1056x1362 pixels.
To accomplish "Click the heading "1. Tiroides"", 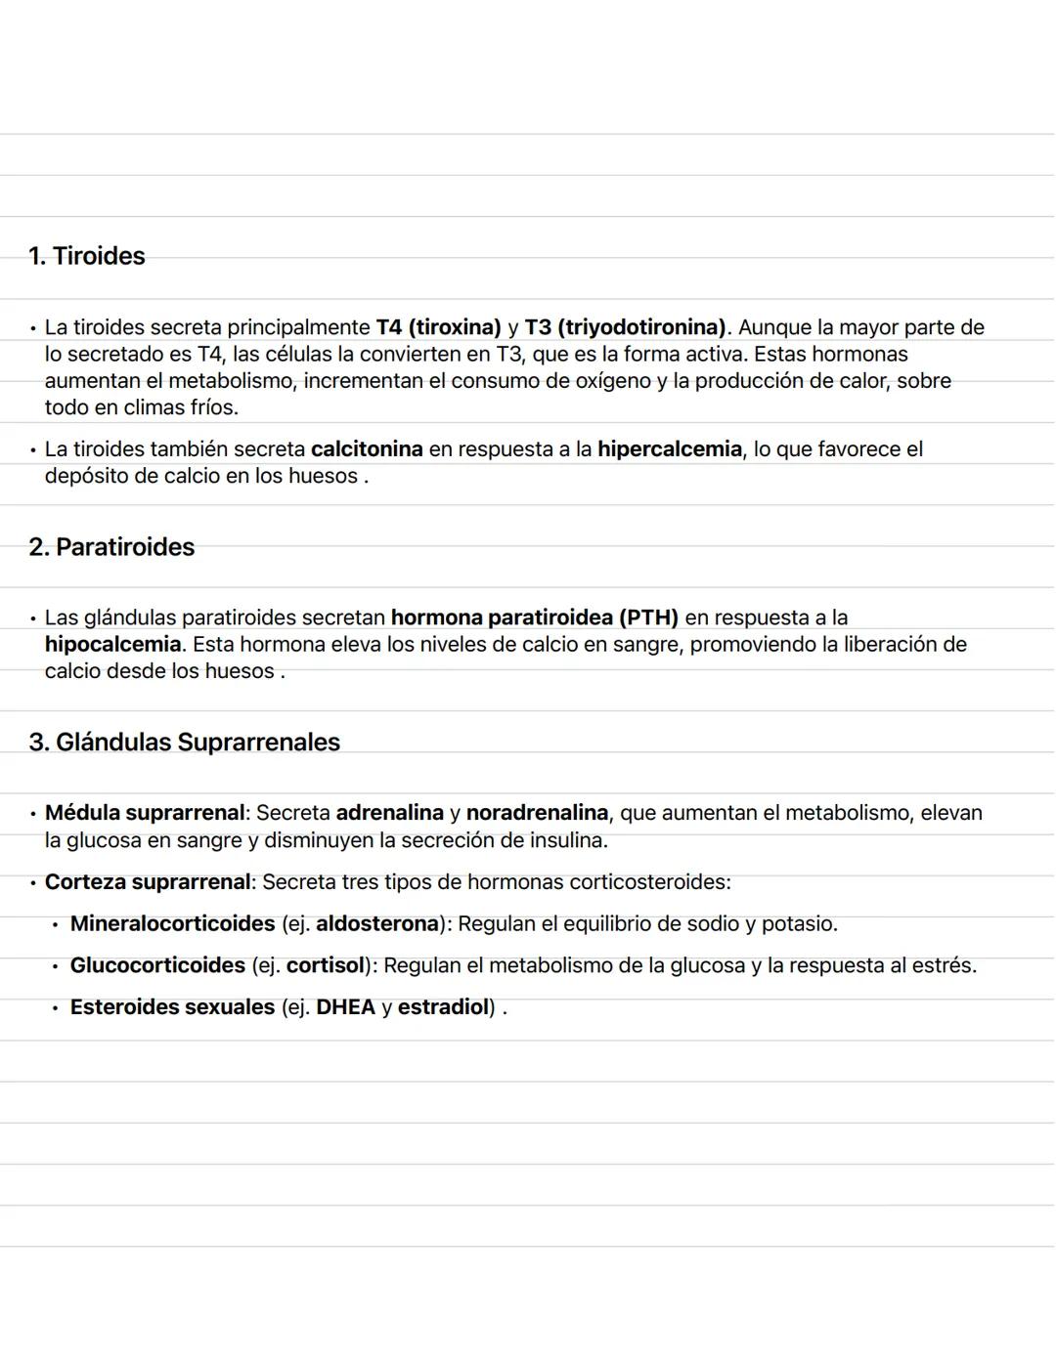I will coord(87,256).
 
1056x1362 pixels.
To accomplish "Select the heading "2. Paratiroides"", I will coord(111,547).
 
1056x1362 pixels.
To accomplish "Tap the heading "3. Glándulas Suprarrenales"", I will coord(185,743).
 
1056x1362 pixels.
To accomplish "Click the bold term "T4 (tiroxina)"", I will coord(438,327).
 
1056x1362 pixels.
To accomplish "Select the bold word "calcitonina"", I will coord(367,449).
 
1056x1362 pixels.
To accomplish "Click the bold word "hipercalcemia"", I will coord(670,449).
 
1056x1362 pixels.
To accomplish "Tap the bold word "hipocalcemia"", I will coord(112,645).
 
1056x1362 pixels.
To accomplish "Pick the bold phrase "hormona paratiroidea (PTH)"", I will coord(534,617).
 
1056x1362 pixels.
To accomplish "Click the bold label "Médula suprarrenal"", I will coord(145,813).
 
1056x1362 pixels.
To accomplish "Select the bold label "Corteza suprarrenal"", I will coord(148,882).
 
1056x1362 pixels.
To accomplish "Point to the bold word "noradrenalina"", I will coord(537,813).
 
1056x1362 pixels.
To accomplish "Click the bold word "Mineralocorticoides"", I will coord(172,924).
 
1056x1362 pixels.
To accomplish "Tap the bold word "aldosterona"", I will coord(376,924).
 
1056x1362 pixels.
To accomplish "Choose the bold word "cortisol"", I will coord(325,966).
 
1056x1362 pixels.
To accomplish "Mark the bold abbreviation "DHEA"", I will coord(345,1007).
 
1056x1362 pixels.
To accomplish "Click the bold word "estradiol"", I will coord(443,1007).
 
